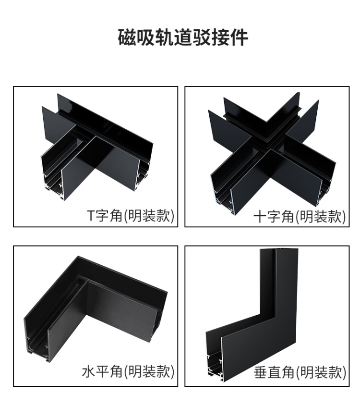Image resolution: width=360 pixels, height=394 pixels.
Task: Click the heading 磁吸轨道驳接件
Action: pos(183,37)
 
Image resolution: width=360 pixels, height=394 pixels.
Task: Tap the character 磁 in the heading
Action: pos(127,37)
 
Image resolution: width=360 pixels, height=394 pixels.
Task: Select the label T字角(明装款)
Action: pos(131,215)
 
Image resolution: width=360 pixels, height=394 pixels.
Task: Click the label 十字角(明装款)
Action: pos(300,216)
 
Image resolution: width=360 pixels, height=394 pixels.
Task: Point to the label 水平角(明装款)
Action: pos(128,371)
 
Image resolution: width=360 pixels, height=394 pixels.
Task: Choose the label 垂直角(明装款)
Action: pos(300,372)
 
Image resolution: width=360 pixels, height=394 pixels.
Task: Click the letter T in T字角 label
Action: pos(90,216)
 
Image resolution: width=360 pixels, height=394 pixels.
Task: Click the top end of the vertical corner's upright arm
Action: pos(279,249)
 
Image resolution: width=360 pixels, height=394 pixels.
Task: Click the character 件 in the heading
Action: pos(239,37)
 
